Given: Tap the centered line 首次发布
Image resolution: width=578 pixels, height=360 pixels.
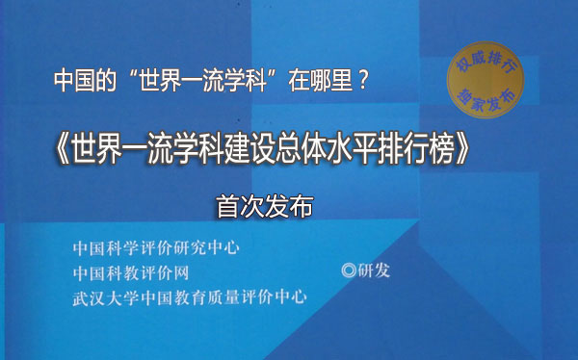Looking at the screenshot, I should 266,207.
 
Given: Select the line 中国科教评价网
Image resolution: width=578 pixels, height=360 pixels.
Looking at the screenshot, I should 130,271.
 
